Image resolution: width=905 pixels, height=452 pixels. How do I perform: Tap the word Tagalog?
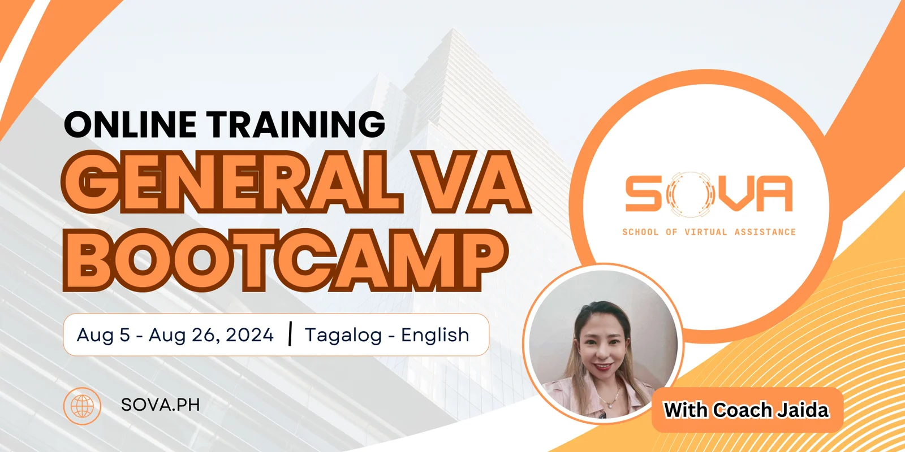343,336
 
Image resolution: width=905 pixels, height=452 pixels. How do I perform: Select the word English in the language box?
435,336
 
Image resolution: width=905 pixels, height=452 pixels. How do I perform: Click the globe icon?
82,406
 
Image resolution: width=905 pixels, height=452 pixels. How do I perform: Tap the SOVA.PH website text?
161,405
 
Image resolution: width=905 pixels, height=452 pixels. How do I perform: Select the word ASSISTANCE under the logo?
765,232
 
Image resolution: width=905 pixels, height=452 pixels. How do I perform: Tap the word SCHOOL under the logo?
640,232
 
